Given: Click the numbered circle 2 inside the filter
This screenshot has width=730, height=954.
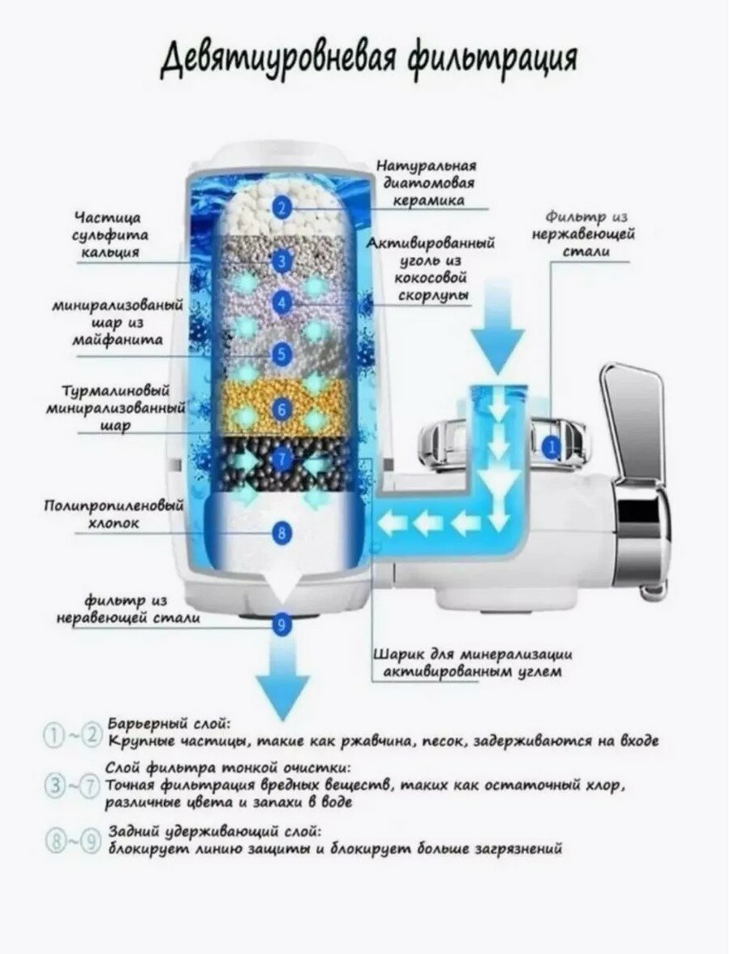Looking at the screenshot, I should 281,208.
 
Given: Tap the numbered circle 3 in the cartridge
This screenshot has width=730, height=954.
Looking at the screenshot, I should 281,261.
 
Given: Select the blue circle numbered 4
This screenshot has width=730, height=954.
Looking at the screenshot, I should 281,303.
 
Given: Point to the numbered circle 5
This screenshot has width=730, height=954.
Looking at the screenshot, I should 281,354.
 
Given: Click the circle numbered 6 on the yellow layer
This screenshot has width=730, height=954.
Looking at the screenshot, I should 281,410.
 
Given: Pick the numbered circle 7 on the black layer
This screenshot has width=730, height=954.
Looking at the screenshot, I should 281,459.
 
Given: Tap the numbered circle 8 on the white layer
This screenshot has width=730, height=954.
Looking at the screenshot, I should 281,532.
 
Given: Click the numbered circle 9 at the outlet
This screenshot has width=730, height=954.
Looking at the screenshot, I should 281,625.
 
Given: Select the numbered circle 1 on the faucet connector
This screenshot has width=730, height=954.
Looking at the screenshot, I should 552,445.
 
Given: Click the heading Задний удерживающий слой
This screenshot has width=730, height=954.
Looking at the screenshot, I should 214,832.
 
